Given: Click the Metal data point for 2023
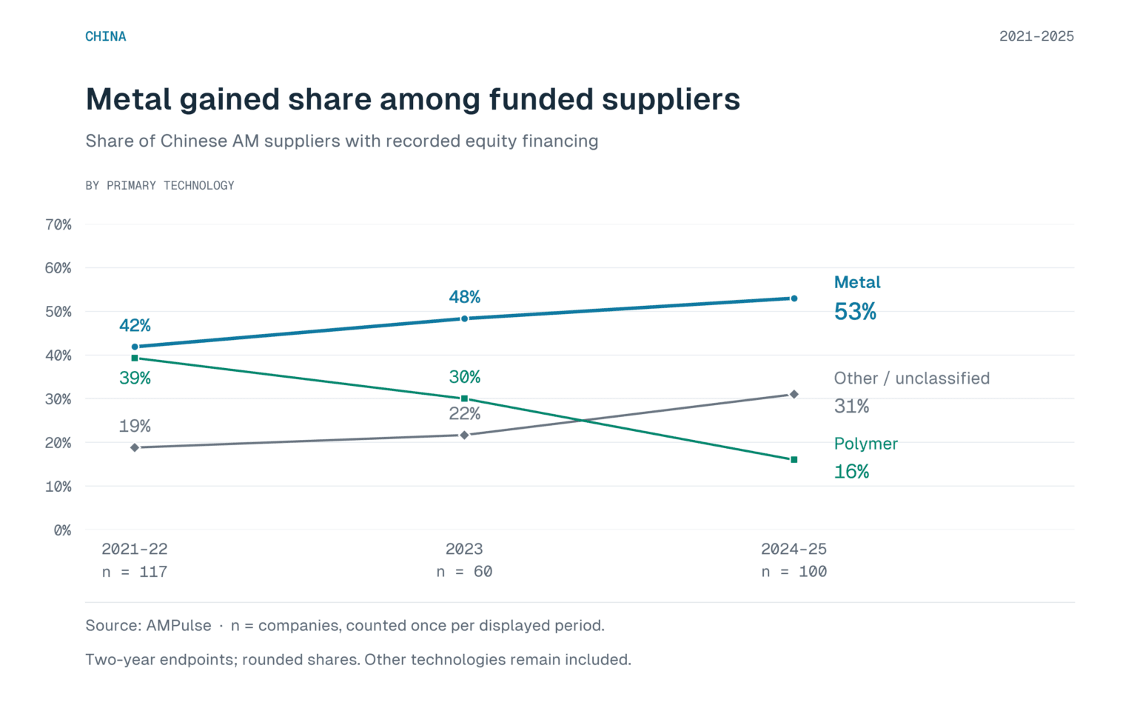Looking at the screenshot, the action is tap(464, 319).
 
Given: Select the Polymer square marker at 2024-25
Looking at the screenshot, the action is tap(794, 460).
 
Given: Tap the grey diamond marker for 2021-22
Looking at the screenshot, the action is tap(135, 447).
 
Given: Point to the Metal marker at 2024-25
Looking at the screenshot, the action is tap(794, 298).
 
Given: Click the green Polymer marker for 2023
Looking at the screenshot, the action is tap(464, 398).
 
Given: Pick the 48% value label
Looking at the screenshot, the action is tap(464, 297).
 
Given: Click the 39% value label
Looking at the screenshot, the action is tap(135, 378).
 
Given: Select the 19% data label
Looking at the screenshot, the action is tap(135, 426).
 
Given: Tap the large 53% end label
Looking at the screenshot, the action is tap(855, 311).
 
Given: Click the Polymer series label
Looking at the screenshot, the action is tap(866, 444).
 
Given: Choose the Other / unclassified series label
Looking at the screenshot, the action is tap(912, 378).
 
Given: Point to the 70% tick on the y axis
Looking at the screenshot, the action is tap(58, 224).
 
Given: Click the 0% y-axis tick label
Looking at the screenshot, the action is tap(62, 530).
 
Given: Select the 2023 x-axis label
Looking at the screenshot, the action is tap(464, 549).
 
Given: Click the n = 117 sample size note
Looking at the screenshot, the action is tap(135, 572).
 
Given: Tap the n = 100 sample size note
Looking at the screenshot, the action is tap(794, 572).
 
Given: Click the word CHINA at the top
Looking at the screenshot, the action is tap(106, 36).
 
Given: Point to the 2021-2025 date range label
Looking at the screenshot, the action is tap(1036, 36).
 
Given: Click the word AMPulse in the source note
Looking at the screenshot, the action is tap(178, 625).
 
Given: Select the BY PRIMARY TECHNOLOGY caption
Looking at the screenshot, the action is tap(160, 185).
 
